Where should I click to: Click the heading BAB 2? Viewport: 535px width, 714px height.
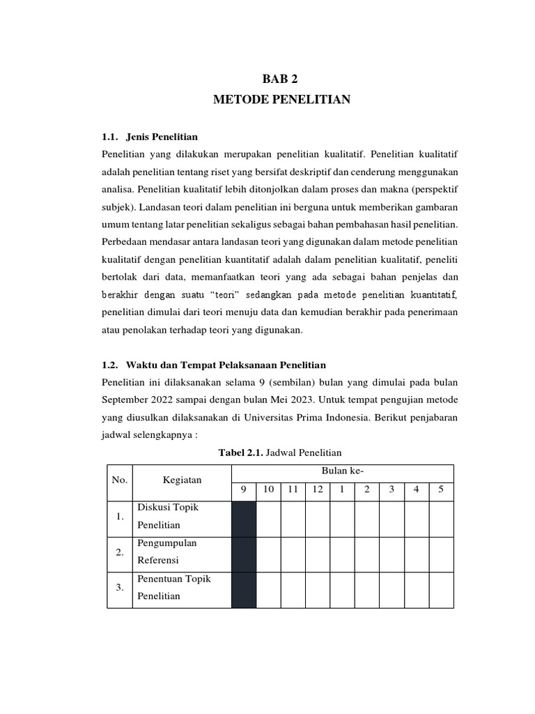tap(282, 79)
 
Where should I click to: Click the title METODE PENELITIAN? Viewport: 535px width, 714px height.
tap(282, 100)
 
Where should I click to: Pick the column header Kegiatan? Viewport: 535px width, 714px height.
tap(182, 480)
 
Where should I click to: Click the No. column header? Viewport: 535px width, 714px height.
tap(121, 480)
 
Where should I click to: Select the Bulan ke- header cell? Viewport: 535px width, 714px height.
tap(342, 472)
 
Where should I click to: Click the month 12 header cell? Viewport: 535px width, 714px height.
tap(318, 489)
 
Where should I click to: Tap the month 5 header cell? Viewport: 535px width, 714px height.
tap(441, 489)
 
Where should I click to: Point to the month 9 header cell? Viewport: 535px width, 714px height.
tap(244, 489)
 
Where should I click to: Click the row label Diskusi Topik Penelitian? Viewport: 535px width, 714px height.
tap(168, 516)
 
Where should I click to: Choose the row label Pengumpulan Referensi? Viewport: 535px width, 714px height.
tap(168, 552)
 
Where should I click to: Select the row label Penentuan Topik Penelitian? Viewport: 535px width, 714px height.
tap(173, 588)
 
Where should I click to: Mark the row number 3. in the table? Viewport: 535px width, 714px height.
tap(121, 588)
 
